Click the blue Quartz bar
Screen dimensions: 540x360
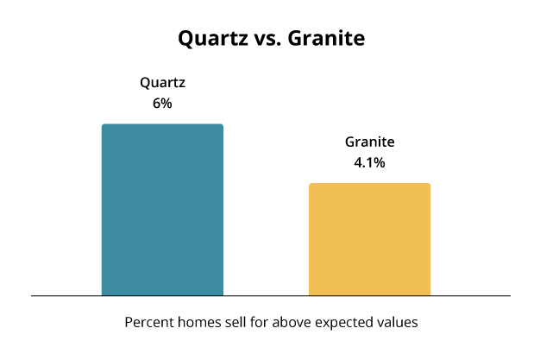[x=162, y=210]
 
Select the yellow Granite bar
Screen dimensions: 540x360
[x=369, y=239]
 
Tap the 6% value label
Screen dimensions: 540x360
[x=162, y=103]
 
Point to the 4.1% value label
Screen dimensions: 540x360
[x=369, y=162]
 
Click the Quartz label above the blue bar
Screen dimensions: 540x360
[x=162, y=83]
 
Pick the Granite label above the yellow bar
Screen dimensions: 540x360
[x=369, y=142]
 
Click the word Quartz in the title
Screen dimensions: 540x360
[x=213, y=38]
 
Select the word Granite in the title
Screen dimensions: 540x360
[x=326, y=38]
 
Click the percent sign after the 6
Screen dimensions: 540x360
[x=166, y=103]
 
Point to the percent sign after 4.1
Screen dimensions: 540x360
[x=379, y=162]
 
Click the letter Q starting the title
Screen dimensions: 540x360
[x=185, y=39]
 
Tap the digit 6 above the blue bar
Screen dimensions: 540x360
[x=156, y=103]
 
